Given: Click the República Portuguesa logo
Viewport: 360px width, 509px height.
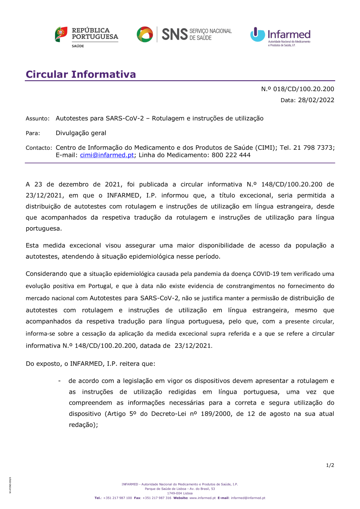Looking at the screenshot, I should [86, 36].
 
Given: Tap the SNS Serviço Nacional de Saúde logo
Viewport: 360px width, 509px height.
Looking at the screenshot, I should [184, 35].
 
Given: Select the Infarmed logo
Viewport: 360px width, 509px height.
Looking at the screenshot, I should [280, 36].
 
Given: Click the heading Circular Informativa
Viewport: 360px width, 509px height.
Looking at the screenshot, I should [81, 74].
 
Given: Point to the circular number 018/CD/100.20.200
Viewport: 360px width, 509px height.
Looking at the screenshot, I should [303, 89].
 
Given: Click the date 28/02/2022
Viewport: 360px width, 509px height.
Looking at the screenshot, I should [316, 100].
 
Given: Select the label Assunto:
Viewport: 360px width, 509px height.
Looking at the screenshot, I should [37, 118].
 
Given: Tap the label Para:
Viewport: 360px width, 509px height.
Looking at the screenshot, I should [33, 133].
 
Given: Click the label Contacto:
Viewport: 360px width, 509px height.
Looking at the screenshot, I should [39, 148].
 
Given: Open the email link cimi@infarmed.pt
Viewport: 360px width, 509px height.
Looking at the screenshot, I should [107, 155].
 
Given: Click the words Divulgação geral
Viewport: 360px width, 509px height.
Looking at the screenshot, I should [81, 133].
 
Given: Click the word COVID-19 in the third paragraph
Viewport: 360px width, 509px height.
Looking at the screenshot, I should [266, 274].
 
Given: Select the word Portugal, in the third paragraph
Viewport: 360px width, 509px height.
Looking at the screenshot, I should [100, 286].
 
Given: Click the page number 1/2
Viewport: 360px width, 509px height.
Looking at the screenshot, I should [330, 465].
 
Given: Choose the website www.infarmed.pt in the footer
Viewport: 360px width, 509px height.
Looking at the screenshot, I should [202, 498].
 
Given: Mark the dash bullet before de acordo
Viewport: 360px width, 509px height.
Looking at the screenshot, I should [59, 381].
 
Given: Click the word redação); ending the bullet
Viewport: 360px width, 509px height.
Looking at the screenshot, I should [84, 425].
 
